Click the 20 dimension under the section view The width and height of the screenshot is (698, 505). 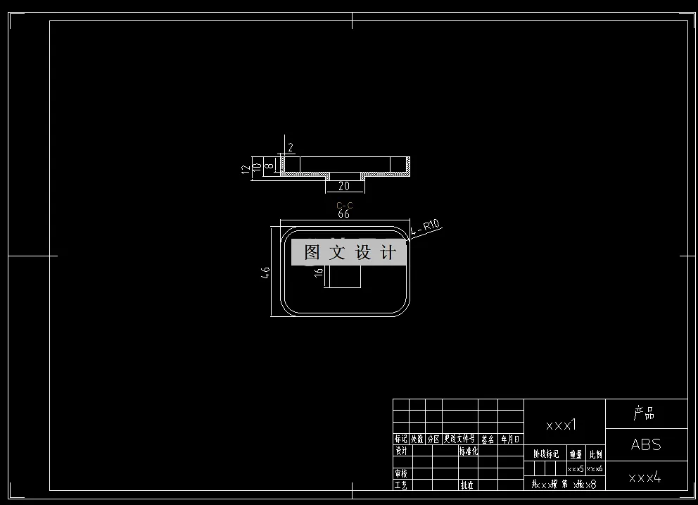(344, 186)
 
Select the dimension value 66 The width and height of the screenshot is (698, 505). (344, 213)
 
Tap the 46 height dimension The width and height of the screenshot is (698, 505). (266, 272)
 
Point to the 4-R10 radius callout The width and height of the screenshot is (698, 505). (425, 228)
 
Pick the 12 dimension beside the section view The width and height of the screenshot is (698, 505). (246, 169)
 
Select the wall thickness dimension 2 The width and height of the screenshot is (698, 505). (291, 148)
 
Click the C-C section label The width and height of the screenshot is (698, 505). (344, 206)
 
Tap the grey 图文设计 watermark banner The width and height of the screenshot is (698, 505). (349, 253)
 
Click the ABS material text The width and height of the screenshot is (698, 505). (646, 444)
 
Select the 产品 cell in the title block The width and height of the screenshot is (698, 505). (645, 413)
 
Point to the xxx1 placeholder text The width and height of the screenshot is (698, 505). (561, 425)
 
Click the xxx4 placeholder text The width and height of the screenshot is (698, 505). (645, 478)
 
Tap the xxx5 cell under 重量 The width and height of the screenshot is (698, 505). (576, 468)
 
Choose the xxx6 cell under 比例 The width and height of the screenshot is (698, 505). (595, 468)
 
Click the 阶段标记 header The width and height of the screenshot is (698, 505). (546, 454)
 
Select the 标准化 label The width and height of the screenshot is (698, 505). (469, 451)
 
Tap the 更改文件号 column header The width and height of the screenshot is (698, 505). (459, 439)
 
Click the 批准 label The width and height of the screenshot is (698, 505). (467, 485)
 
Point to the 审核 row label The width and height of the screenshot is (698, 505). (401, 473)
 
